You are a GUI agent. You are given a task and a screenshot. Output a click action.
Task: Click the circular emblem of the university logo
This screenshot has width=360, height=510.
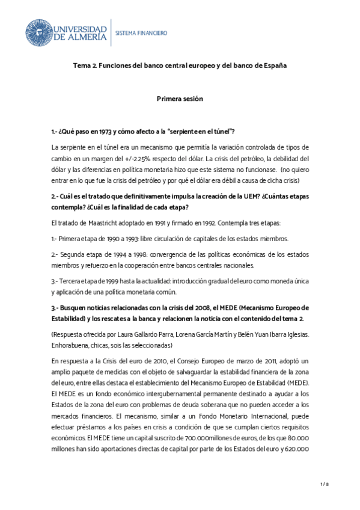pyautogui.click(x=37, y=32)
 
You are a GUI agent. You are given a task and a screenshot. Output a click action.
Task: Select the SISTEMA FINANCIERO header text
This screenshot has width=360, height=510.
pyautogui.click(x=141, y=32)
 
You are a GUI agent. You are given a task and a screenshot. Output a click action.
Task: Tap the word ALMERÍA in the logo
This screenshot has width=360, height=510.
pyautogui.click(x=85, y=37)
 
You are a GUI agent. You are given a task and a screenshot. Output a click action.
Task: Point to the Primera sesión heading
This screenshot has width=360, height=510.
pyautogui.click(x=180, y=98)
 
